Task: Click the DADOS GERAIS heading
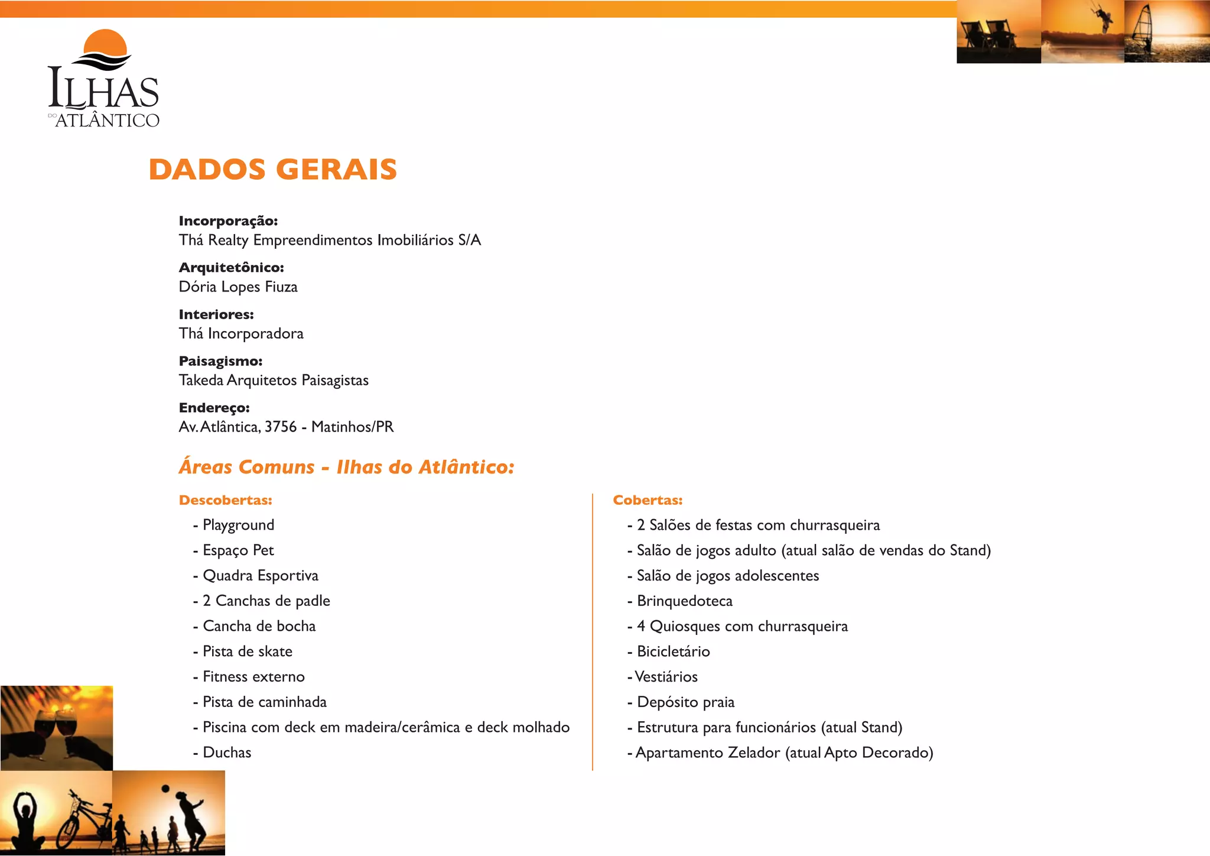tap(272, 170)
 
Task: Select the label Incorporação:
tap(228, 221)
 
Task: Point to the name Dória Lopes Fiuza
tap(238, 287)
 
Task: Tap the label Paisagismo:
tap(220, 361)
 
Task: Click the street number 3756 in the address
tap(280, 427)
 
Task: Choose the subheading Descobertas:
tap(225, 500)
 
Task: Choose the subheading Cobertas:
tap(648, 500)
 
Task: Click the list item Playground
tap(238, 525)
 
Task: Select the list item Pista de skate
tap(248, 651)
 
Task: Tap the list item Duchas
tap(227, 753)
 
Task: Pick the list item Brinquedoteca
tap(684, 601)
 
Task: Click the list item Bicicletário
tap(673, 651)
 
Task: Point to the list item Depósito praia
tap(685, 702)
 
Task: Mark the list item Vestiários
tap(666, 677)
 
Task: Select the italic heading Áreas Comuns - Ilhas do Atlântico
tap(347, 468)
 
